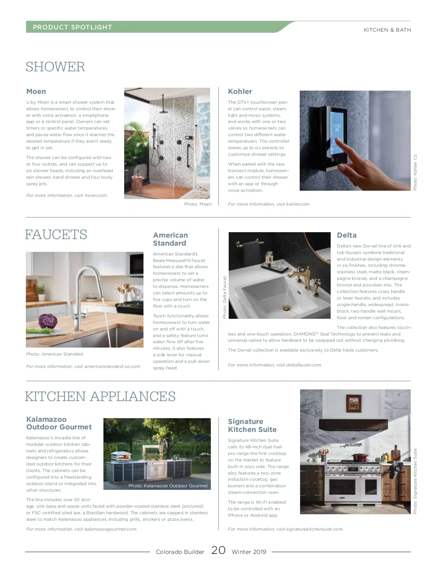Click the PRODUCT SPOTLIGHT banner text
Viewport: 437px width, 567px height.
(72, 27)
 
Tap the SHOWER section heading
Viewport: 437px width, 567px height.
(55, 67)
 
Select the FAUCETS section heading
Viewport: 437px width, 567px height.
(56, 234)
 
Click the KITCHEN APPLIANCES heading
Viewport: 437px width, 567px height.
(100, 396)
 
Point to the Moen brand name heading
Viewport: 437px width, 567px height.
(36, 91)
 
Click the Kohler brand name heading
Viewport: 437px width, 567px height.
(240, 91)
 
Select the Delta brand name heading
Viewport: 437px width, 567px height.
(346, 235)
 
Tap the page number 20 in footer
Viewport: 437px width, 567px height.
(218, 550)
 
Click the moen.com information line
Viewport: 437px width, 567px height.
(67, 195)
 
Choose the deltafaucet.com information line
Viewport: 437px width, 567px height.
(275, 365)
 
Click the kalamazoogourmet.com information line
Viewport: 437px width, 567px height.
(82, 529)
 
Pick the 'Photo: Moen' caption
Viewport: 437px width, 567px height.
(198, 204)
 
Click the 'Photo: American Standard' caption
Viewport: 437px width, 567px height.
(55, 354)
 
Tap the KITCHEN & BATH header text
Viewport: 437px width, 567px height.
(387, 30)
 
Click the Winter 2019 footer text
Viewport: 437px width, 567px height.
(249, 552)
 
